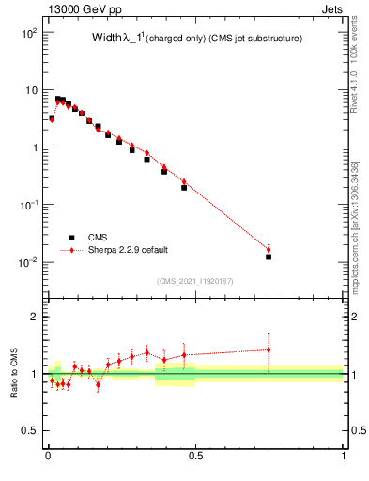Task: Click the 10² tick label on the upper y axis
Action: click(29, 33)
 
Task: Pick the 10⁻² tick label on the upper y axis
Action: click(28, 262)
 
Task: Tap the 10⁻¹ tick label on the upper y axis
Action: click(28, 205)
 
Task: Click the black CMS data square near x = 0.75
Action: click(269, 256)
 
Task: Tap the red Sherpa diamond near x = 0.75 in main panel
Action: click(269, 249)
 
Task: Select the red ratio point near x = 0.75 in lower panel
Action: click(269, 349)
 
